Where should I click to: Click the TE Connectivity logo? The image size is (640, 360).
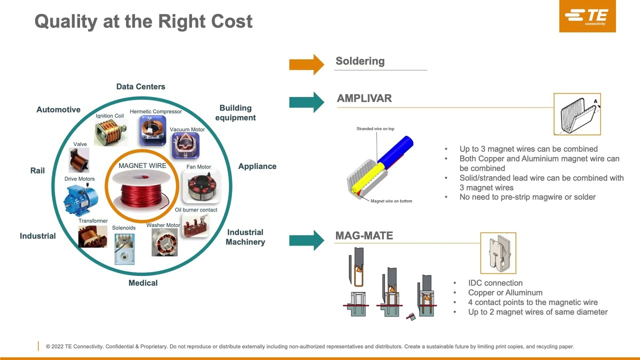[x=587, y=16]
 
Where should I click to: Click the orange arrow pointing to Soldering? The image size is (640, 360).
[x=306, y=64]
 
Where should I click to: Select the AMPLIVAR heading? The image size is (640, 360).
[x=364, y=98]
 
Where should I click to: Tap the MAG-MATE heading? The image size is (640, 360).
[x=364, y=235]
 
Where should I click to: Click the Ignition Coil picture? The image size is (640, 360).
[x=110, y=131]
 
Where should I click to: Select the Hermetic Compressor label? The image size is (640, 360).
[x=155, y=111]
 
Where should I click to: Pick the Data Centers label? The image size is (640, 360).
[x=140, y=86]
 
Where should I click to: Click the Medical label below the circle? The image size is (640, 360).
[x=143, y=283]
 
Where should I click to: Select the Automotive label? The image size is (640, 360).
[x=58, y=109]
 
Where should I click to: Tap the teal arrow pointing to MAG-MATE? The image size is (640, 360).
[x=306, y=240]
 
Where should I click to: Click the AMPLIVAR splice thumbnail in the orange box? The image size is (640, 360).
[x=577, y=114]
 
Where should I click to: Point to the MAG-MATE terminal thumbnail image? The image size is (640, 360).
[x=498, y=253]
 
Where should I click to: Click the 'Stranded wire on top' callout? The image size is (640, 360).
[x=375, y=129]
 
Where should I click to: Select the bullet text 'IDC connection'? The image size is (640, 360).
[x=495, y=283]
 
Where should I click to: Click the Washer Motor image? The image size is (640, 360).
[x=164, y=242]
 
